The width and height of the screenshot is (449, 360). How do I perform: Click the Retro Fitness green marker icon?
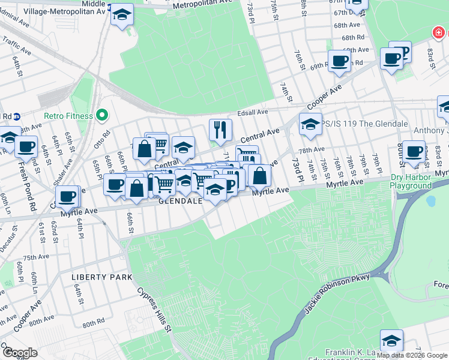(102, 115)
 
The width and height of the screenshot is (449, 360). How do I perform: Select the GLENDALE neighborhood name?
(179, 202)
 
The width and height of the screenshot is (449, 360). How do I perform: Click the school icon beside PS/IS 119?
(310, 125)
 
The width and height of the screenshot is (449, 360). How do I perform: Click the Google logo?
(19, 353)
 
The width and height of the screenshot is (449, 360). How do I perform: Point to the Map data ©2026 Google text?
(412, 355)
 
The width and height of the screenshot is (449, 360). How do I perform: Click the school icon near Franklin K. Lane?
(391, 340)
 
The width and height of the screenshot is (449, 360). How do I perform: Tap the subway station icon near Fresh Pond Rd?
(17, 116)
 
